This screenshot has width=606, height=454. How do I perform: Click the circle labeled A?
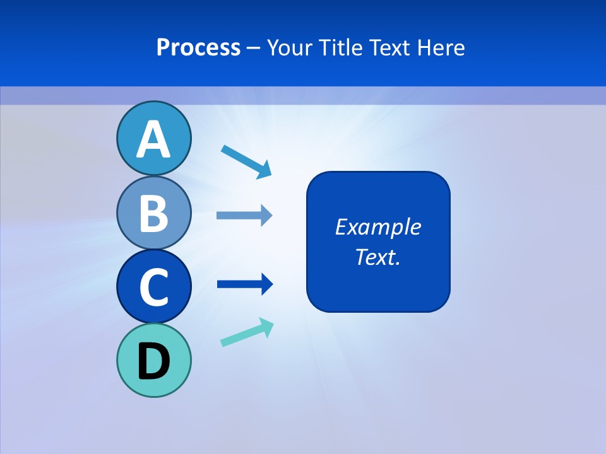(x=153, y=138)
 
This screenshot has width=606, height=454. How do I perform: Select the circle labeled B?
(x=153, y=212)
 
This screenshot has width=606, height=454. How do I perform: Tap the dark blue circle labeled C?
(x=153, y=287)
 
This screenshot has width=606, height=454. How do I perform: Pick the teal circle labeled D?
(x=153, y=360)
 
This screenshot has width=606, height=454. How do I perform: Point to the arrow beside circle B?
(x=243, y=215)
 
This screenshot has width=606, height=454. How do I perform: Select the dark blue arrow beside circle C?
(x=244, y=284)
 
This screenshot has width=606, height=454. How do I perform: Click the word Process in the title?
(x=198, y=47)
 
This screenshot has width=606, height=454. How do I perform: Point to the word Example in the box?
(x=377, y=227)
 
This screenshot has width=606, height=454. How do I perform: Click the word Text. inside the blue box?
(x=377, y=257)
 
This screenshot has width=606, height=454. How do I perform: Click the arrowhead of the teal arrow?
(x=266, y=326)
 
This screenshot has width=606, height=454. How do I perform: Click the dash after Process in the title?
(x=254, y=48)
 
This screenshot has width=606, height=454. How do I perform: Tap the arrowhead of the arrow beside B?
(x=266, y=215)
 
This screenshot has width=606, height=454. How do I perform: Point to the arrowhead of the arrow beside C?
(x=266, y=284)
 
